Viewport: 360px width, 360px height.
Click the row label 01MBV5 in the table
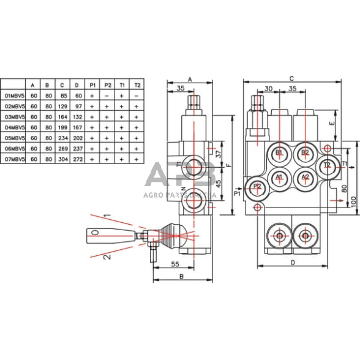[13, 96]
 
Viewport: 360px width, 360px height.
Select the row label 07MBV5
[13, 159]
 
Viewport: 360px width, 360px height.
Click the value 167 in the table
[77, 127]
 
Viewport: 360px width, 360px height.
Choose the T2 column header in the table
[137, 84]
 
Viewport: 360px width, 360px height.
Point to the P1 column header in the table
[92, 84]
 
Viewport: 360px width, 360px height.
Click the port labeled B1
[279, 152]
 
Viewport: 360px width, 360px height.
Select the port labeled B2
[305, 152]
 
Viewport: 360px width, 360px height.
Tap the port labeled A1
[279, 177]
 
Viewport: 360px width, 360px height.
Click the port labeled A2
[305, 177]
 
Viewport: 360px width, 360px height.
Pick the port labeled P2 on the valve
[257, 186]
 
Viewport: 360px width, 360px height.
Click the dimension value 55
[174, 265]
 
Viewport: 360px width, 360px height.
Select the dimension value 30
[268, 89]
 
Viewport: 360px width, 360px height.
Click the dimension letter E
[331, 122]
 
